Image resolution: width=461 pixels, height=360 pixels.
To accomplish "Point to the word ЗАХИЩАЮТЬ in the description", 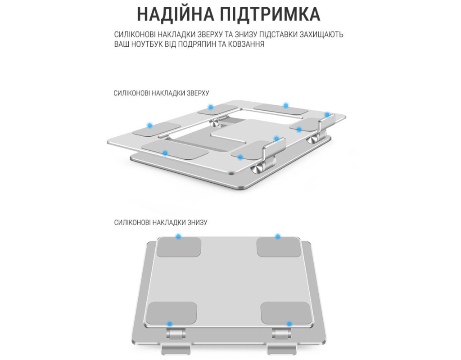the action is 321,34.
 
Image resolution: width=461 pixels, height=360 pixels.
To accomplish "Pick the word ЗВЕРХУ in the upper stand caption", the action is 198,93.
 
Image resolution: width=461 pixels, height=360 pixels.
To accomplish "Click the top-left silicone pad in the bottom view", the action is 179,247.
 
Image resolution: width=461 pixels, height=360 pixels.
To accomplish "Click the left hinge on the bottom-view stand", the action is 176,334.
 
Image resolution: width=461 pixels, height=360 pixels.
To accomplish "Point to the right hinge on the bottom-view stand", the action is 281,334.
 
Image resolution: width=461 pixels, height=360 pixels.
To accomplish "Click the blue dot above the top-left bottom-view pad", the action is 178,236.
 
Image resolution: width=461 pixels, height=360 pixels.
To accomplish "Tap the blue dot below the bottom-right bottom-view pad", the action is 289,324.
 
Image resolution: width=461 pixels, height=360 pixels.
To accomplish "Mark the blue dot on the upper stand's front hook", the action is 276,139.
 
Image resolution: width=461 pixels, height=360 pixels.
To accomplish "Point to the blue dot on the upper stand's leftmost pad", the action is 149,126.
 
